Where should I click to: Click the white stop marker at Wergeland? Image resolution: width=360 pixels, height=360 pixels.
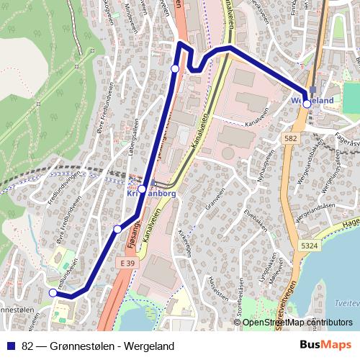[x=307, y=104]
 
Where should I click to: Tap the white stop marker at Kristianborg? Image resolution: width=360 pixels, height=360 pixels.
[x=143, y=189]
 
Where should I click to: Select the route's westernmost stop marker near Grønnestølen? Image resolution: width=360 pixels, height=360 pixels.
[x=53, y=293]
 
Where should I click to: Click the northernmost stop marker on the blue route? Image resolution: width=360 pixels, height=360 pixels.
[x=175, y=68]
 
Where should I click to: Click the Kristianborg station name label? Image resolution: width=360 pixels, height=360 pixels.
[x=151, y=194]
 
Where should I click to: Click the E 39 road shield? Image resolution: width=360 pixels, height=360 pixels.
[x=127, y=264]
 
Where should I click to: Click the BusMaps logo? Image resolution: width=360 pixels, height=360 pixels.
[x=325, y=346]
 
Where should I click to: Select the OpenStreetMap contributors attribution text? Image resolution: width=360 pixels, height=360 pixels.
[x=297, y=323]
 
